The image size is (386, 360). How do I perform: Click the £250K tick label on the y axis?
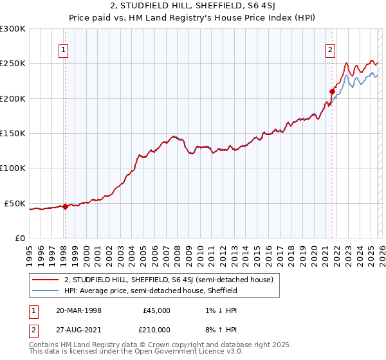(13, 64)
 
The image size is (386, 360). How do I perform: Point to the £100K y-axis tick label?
(13, 168)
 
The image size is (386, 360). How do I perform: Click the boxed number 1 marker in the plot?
(64, 51)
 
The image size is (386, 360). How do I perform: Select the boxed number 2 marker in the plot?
(330, 51)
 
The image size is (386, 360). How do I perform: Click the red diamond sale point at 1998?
(65, 206)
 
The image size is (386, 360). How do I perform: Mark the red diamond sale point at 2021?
(333, 91)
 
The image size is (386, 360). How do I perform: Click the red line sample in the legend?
(46, 280)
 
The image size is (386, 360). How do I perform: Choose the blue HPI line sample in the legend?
(46, 291)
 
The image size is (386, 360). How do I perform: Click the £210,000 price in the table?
(156, 329)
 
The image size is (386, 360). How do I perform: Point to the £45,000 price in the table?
(156, 310)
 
